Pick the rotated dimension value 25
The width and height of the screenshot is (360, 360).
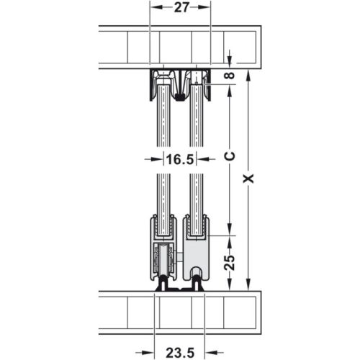229,259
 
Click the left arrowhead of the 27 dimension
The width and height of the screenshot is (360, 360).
153,9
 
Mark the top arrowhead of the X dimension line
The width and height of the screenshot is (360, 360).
248,74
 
